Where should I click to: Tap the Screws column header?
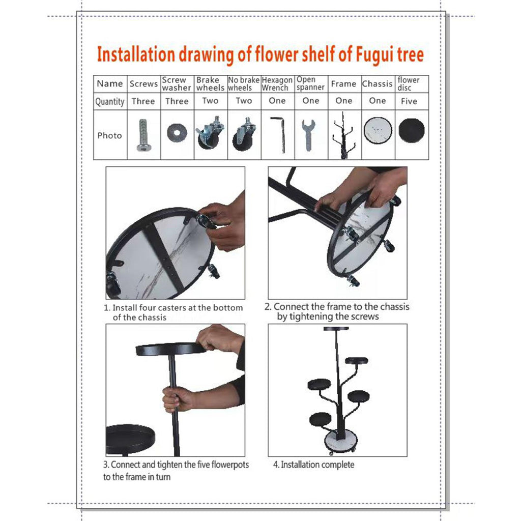(143, 84)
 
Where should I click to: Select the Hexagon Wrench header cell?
(277, 84)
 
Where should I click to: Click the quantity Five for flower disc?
(409, 101)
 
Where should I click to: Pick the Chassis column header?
(377, 84)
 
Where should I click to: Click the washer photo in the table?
(177, 133)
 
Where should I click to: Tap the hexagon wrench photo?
(278, 134)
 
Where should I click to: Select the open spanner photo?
(309, 135)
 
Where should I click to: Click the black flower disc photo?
(411, 131)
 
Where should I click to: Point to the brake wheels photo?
(210, 134)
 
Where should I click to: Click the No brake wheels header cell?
(244, 84)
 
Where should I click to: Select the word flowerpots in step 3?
(230, 465)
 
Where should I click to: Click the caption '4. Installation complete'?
(313, 465)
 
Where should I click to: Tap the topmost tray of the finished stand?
(336, 329)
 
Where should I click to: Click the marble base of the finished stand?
(340, 440)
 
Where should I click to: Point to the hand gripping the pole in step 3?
(178, 399)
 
